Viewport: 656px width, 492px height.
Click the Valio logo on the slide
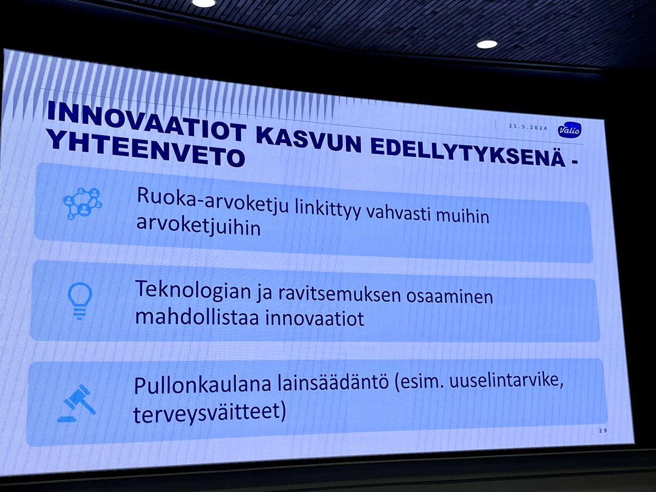(x=570, y=130)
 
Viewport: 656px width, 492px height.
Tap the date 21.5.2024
(x=529, y=126)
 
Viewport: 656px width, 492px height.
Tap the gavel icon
(x=77, y=403)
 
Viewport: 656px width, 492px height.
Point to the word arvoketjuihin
(x=197, y=229)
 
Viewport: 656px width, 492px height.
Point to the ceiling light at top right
(x=487, y=44)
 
